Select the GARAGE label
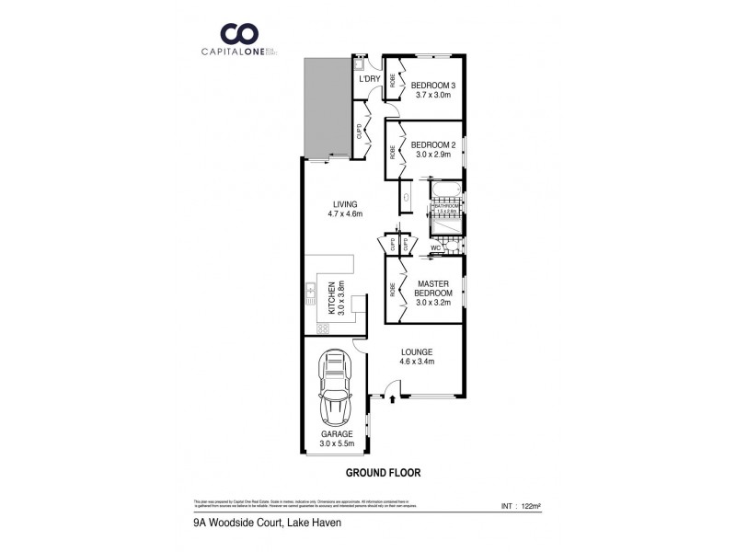pos(336,438)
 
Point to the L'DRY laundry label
pos(369,79)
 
